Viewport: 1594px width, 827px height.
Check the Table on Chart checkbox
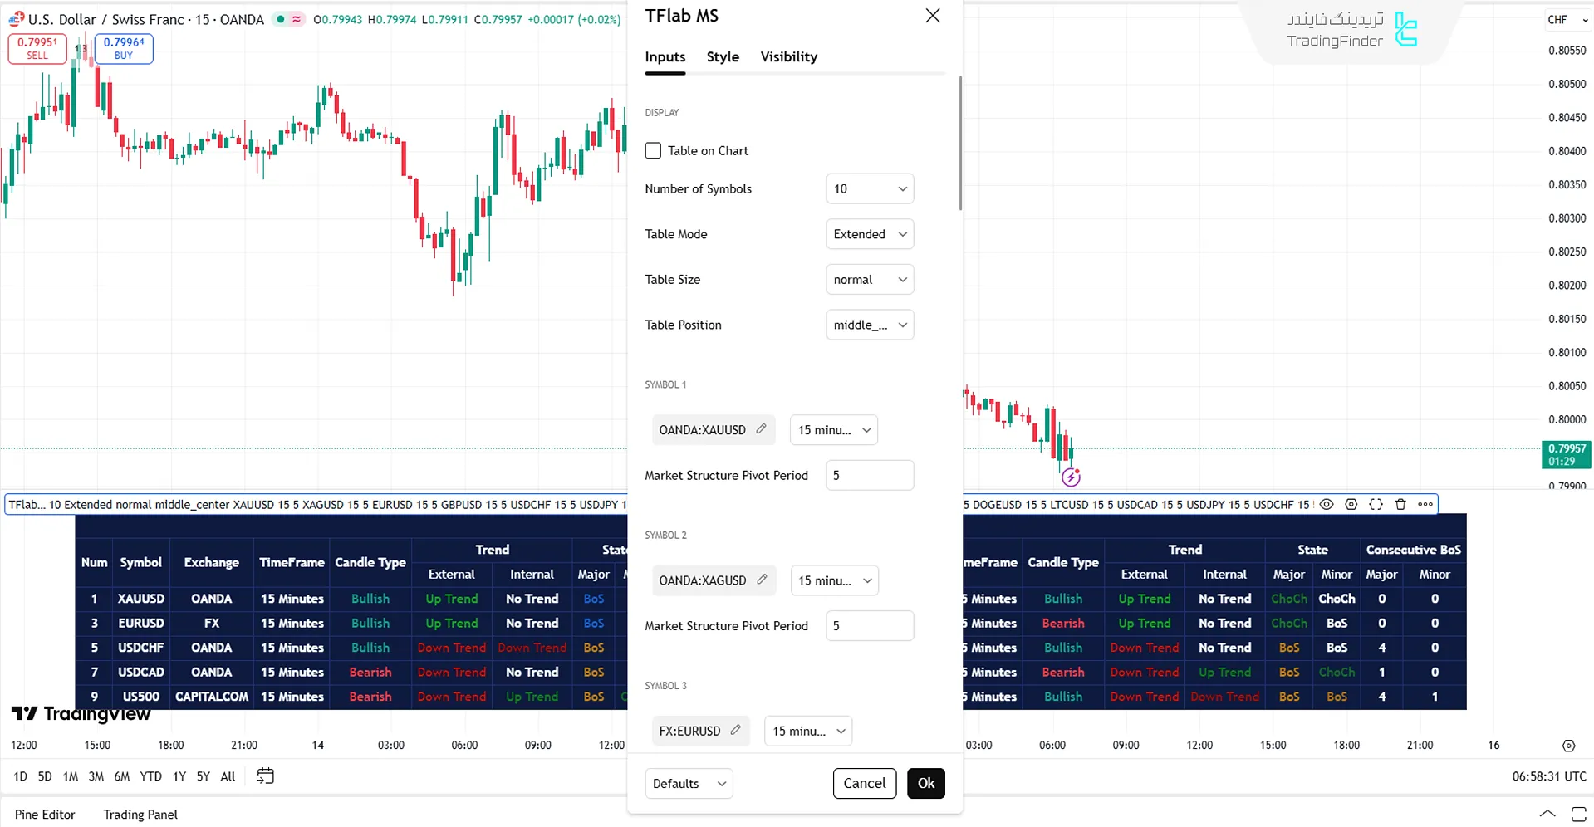[653, 151]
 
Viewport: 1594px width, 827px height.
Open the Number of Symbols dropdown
[869, 189]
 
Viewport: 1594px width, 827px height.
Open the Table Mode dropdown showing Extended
[869, 234]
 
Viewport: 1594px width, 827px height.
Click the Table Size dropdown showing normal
[869, 280]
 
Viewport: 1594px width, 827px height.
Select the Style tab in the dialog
[723, 56]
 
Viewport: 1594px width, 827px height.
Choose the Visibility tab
[788, 56]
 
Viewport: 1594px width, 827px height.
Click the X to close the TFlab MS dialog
[933, 16]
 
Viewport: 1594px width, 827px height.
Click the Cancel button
[864, 783]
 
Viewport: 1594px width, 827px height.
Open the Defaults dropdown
[689, 783]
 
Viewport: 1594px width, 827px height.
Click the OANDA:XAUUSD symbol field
[702, 430]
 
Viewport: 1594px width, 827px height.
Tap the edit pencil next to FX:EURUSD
[735, 730]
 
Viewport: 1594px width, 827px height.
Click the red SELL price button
[37, 49]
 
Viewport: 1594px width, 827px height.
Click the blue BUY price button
[124, 49]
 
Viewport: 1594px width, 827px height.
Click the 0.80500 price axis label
[1567, 84]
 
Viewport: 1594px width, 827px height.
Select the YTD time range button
[150, 776]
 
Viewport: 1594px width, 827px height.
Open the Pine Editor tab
[45, 815]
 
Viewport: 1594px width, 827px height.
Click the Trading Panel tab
[140, 815]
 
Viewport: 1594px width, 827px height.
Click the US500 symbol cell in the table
[140, 697]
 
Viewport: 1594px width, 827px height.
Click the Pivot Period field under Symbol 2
[869, 626]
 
